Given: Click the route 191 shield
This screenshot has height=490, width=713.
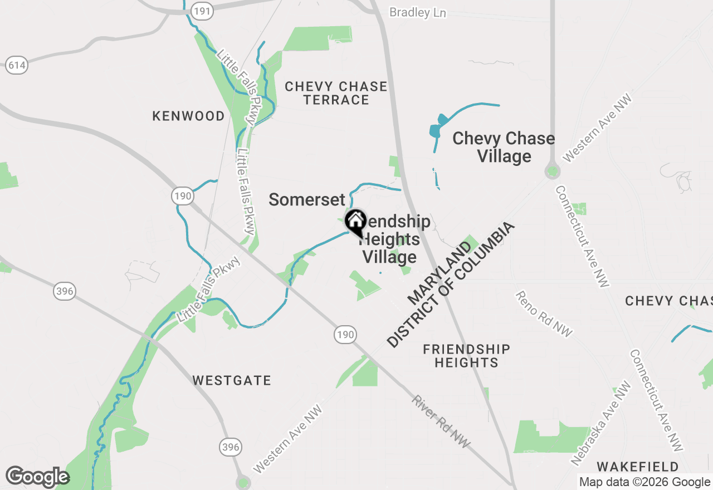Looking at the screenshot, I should pos(201,11).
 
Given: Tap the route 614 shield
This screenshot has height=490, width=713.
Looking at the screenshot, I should pos(17,65).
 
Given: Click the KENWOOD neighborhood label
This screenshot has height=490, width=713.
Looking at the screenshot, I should pos(188,116).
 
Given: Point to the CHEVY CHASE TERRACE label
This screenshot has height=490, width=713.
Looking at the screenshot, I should pos(336,93).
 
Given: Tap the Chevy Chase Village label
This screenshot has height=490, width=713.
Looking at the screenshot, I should pos(504,147).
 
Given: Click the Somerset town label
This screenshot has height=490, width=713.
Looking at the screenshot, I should pos(307,199).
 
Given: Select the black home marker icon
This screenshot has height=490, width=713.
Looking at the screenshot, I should pos(355,222).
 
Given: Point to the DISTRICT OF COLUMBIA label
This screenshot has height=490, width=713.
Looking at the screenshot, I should pos(451,286).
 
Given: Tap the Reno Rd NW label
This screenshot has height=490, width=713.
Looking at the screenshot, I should pos(544,313).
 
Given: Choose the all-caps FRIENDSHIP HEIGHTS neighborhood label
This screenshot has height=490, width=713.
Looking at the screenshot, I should pos(466,356).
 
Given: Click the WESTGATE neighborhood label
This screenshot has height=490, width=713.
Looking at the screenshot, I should pos(232,380).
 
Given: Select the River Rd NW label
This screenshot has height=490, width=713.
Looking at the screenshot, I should pos(441,422).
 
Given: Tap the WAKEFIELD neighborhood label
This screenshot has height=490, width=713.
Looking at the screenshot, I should pos(638,466).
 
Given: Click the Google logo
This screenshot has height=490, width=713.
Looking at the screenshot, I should pos(37,477).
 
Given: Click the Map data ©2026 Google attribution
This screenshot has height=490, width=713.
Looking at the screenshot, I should pos(644,482).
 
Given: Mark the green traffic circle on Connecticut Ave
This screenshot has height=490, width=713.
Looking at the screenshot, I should pos(552,171).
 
